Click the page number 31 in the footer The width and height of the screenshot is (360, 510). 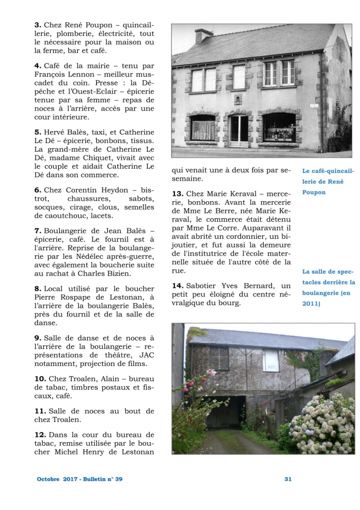tap(288, 479)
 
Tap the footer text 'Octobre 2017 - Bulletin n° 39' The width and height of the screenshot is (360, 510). tap(80, 479)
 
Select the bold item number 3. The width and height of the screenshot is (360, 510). tap(37, 25)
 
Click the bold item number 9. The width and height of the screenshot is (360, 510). tap(38, 338)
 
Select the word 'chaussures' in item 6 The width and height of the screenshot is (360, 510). tap(88, 198)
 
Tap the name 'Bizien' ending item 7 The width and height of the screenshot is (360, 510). tap(117, 274)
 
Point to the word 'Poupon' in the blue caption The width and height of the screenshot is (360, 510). tap(314, 192)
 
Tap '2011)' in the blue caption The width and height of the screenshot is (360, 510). tap(311, 304)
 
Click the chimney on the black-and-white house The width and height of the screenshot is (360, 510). tap(204, 35)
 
